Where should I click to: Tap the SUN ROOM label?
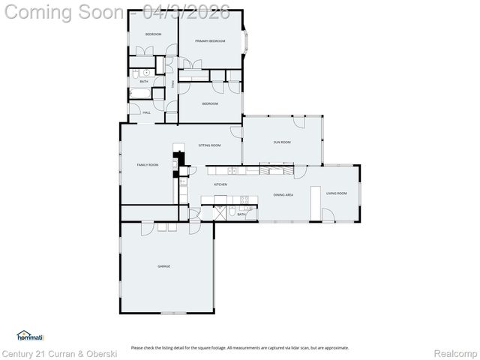[281, 142]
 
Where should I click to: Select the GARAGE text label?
[163, 266]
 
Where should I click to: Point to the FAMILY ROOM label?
[147, 164]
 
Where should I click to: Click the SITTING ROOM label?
[209, 145]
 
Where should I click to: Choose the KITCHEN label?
[220, 184]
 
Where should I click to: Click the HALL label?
[146, 112]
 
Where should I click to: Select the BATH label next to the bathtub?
[154, 81]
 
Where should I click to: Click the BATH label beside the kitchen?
[241, 214]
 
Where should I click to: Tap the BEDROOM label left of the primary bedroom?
[153, 34]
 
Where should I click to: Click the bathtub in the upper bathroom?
[140, 94]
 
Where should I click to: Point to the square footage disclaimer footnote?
[240, 347]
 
